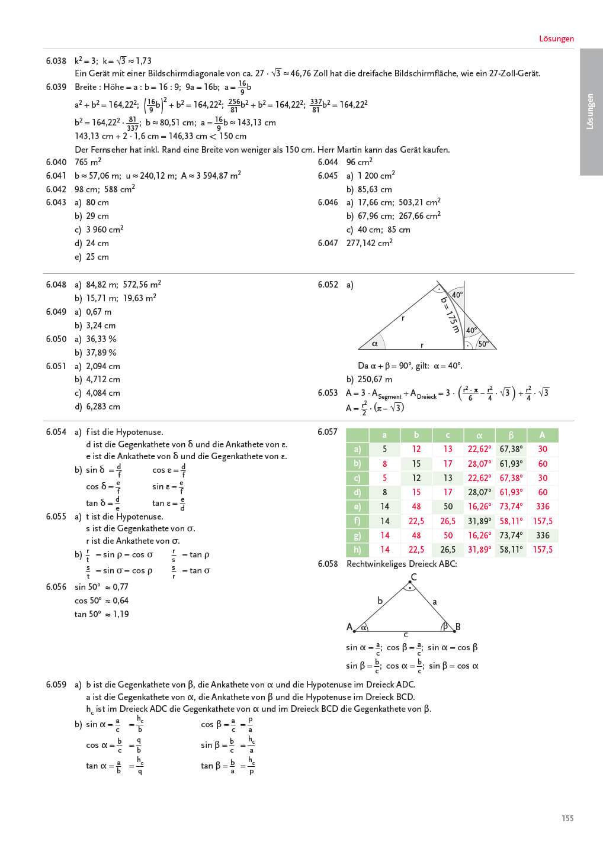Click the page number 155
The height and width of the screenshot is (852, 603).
pos(567,818)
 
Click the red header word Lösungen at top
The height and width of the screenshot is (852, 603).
pos(556,39)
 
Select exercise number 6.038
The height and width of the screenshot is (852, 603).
pos(56,61)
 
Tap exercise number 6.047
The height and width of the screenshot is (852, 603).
pos(328,243)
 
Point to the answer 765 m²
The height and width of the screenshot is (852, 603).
pos(88,162)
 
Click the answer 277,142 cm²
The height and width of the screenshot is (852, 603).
pos(369,243)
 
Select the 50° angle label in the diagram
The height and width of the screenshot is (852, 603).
pos(483,344)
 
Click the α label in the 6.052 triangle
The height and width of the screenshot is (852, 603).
pos(374,344)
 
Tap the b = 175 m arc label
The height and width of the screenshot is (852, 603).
pos(450,315)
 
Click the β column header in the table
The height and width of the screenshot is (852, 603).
pos(511,435)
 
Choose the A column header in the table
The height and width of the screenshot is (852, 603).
pos(542,435)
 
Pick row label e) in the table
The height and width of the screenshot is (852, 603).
pos(357,506)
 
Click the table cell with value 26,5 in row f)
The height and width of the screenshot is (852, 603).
pos(448,521)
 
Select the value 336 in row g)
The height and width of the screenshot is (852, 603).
pos(542,535)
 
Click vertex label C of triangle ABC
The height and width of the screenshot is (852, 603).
pos(413,577)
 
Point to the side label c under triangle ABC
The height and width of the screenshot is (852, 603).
pos(406,634)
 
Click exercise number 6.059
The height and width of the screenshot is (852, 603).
pos(56,685)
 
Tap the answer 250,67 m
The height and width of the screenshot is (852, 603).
pos(375,379)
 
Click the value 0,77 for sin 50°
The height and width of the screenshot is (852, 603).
pos(120,587)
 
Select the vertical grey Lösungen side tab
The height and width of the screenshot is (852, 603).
pos(591,112)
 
